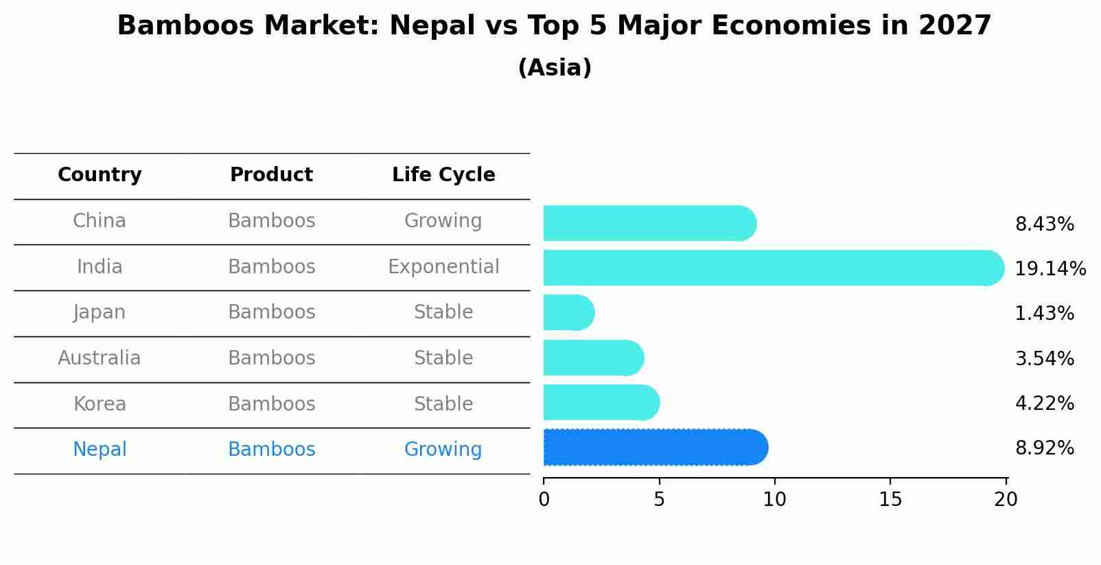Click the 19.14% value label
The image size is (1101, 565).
[x=1050, y=268]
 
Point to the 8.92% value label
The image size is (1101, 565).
[x=1044, y=448]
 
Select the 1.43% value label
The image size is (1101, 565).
[x=1044, y=314]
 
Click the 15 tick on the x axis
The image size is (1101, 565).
[x=890, y=500]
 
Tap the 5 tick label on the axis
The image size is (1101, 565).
[x=659, y=500]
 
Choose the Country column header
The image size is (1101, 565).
[x=100, y=175]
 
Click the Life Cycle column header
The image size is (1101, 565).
[x=443, y=175]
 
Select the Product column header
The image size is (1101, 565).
[x=271, y=175]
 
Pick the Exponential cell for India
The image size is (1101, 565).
[x=443, y=266]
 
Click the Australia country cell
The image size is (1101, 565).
[x=100, y=358]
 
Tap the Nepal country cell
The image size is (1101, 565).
[x=100, y=450]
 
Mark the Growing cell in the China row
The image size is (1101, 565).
[x=443, y=221]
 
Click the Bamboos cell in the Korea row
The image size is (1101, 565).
[x=271, y=404]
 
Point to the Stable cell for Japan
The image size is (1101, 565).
[x=443, y=312]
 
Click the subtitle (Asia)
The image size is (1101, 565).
[x=555, y=68]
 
